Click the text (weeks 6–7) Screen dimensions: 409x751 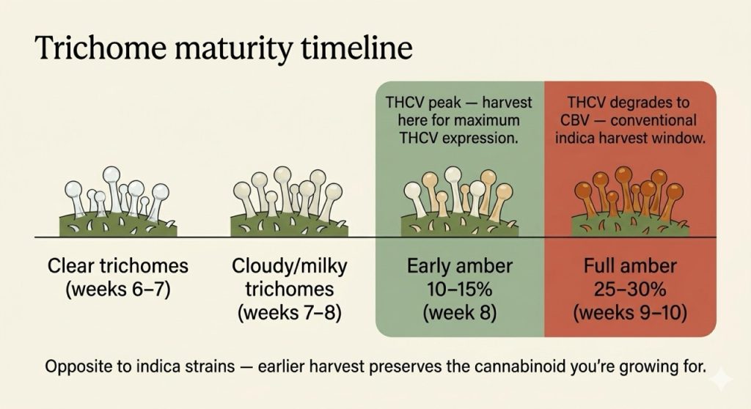point(118,289)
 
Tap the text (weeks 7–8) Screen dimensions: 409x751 point(283,313)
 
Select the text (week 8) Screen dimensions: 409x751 point(459,313)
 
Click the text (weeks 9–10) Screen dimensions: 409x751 point(630,313)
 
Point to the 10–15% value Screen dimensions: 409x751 point(459,289)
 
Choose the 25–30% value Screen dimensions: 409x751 point(630,289)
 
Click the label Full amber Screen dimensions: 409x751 point(630,265)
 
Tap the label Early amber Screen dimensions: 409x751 point(459,265)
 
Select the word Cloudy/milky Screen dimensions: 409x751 point(283,265)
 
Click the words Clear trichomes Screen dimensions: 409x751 point(118,265)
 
